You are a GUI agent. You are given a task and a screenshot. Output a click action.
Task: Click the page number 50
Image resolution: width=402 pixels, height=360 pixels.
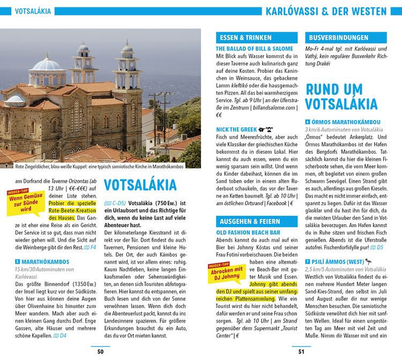(100, 351)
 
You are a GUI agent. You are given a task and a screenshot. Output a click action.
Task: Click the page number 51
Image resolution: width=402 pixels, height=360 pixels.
(301, 351)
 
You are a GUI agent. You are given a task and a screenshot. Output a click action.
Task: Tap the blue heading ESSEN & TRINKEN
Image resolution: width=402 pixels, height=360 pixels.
(256, 38)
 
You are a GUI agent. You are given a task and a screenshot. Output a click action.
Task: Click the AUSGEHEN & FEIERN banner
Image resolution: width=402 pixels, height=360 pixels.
(256, 221)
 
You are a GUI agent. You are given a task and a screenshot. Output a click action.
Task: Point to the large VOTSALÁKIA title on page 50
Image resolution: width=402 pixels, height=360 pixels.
(140, 185)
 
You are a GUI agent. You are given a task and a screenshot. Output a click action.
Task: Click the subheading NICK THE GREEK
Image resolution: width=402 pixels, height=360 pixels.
(236, 130)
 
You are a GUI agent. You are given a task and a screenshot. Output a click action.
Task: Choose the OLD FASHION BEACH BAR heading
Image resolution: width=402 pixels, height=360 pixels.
(248, 233)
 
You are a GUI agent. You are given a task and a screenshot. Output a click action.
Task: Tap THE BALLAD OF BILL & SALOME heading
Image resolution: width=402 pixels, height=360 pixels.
(255, 48)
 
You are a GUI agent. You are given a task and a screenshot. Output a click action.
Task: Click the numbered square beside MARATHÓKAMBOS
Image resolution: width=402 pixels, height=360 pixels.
(17, 261)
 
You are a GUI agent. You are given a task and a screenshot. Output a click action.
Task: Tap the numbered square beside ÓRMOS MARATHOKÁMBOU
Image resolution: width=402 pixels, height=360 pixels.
(307, 122)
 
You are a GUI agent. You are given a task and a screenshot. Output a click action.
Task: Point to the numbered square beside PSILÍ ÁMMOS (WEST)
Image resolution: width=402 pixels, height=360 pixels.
(307, 261)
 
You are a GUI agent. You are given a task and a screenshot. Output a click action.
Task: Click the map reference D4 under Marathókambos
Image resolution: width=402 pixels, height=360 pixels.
(61, 335)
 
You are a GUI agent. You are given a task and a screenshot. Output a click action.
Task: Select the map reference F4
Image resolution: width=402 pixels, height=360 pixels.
(90, 247)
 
